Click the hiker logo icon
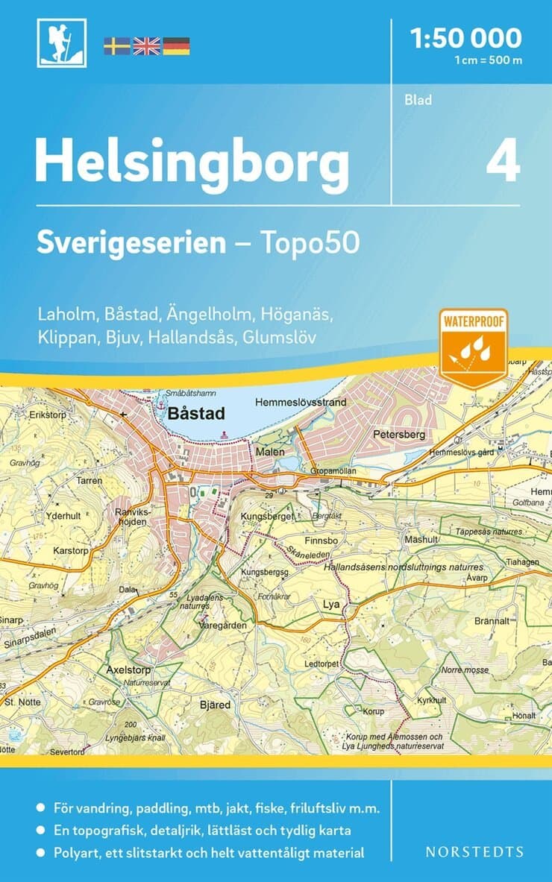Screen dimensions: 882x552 point(62,43)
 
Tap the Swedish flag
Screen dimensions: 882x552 point(117,46)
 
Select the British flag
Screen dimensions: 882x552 point(146,46)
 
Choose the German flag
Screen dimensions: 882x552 point(176,46)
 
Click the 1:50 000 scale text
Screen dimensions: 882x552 point(467,37)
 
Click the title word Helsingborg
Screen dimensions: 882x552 point(192,163)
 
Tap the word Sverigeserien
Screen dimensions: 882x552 point(131,243)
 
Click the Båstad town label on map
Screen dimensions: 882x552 point(192,412)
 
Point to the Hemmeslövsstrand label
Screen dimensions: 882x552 point(301,403)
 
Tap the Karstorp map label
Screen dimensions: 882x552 point(71,551)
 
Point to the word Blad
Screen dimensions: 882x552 point(418,100)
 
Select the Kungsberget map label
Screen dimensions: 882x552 point(265,516)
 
